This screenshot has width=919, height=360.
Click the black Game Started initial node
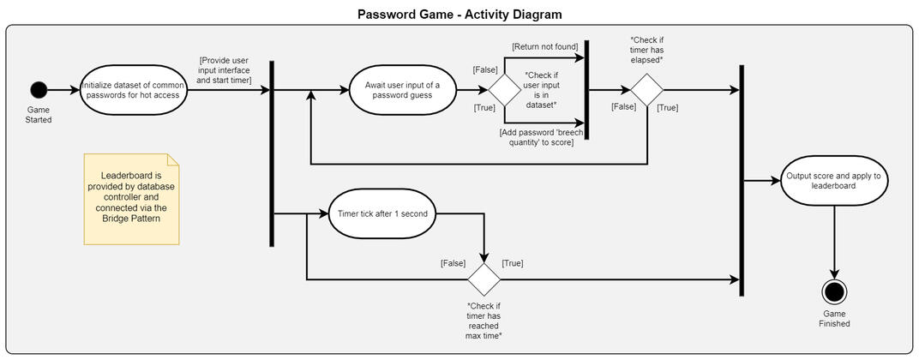tap(38, 90)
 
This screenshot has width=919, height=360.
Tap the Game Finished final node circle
tap(833, 291)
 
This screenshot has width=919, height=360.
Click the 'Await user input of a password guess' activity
tap(402, 90)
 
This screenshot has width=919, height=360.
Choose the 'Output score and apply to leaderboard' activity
tap(833, 181)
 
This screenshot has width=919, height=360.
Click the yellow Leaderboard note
tap(131, 199)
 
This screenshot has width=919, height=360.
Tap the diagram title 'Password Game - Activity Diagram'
tap(459, 15)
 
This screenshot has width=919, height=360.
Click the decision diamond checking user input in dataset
tap(505, 90)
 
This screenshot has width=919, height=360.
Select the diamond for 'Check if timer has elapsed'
tap(647, 90)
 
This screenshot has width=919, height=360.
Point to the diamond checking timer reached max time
tap(484, 279)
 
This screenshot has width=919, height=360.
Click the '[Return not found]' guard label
tap(544, 45)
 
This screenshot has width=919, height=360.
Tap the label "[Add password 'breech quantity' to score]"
tap(537, 136)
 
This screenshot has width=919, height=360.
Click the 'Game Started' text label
tap(39, 115)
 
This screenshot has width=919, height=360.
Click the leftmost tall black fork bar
tap(272, 154)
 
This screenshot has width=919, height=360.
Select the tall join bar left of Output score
tap(741, 181)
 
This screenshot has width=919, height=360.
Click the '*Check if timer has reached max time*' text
tap(484, 321)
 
